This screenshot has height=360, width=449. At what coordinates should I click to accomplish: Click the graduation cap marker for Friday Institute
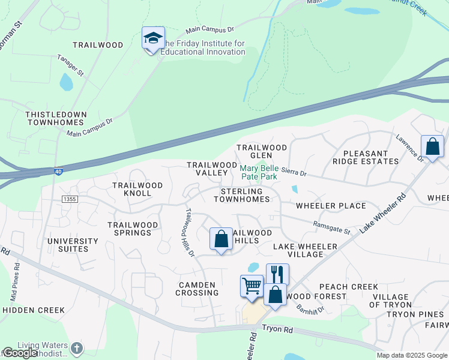(153, 38)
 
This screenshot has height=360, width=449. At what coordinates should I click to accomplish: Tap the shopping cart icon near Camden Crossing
(252, 286)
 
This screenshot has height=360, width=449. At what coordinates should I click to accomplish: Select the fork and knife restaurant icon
(277, 274)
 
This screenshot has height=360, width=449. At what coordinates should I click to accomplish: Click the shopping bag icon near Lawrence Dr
(432, 146)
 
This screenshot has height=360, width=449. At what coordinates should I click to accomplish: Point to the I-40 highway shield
(58, 171)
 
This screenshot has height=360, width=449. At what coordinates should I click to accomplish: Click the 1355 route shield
(70, 199)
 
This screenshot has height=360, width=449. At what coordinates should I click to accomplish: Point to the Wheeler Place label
(331, 206)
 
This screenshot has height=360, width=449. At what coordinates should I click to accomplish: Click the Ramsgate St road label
(331, 227)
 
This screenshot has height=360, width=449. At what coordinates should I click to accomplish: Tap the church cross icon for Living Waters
(76, 348)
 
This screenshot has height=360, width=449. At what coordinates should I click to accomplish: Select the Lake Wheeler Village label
(306, 250)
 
